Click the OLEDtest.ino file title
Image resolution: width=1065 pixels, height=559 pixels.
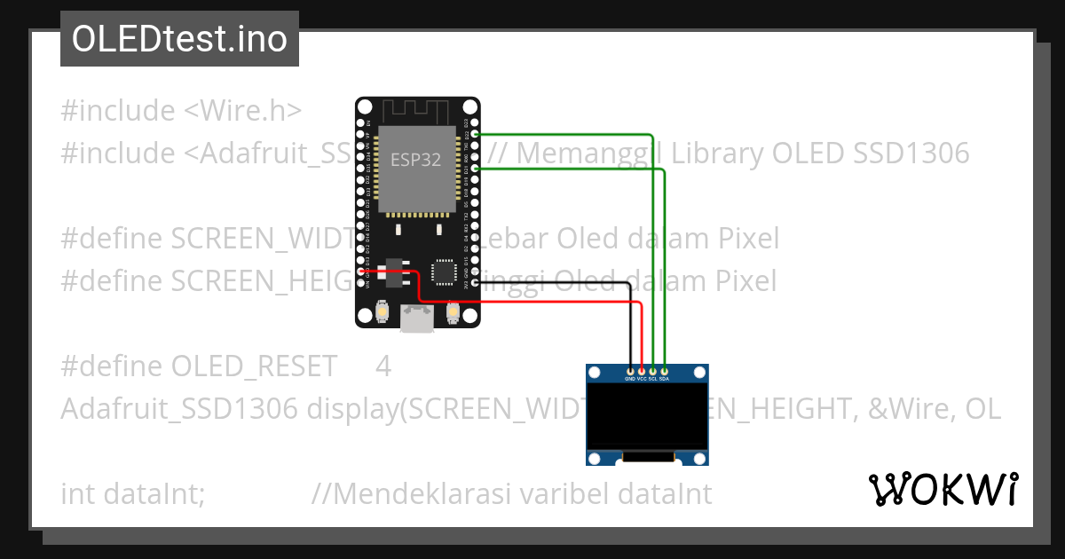point(179,39)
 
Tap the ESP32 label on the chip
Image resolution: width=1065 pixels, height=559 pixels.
point(415,161)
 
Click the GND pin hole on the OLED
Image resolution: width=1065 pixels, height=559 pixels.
point(630,370)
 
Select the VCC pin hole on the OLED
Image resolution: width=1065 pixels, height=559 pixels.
point(642,370)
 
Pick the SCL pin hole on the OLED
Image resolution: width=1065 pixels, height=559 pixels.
point(653,370)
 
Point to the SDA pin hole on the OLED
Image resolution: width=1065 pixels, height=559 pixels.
point(664,370)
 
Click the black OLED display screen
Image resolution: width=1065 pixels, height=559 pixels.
point(647,415)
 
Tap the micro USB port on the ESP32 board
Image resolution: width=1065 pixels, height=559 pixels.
point(416,318)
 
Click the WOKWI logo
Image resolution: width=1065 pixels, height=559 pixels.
point(943,489)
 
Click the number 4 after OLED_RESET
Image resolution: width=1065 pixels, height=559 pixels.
point(383,366)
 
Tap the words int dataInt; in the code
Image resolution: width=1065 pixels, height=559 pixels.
point(133,493)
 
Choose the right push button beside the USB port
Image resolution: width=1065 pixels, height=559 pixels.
point(452,311)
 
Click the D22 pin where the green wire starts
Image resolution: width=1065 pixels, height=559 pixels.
point(475,134)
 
